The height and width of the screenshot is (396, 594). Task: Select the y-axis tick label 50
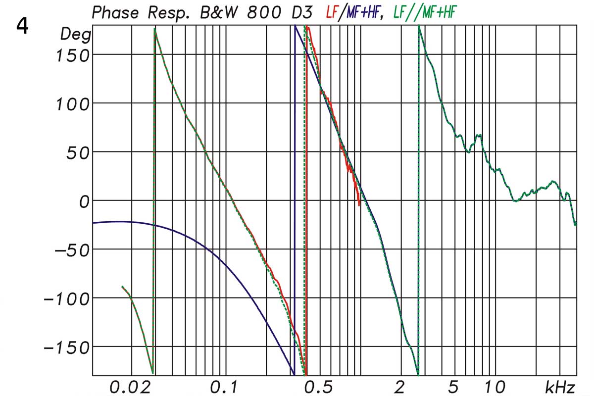tap(77, 152)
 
